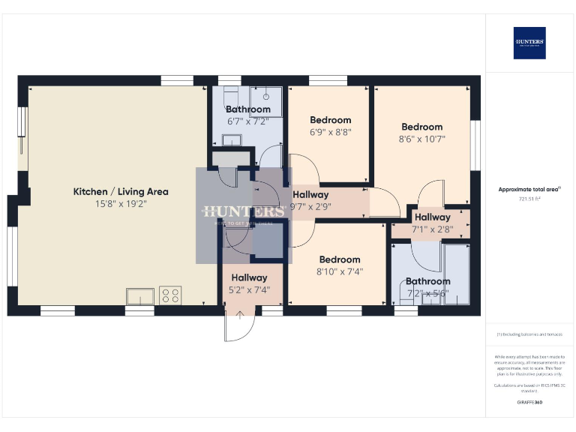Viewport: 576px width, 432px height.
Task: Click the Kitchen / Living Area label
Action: (120, 191)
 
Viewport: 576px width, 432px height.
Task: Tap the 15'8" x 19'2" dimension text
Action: (120, 203)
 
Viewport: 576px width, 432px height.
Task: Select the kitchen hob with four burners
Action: (170, 295)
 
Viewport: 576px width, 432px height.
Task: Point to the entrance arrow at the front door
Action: (240, 315)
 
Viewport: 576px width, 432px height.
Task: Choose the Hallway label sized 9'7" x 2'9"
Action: (310, 195)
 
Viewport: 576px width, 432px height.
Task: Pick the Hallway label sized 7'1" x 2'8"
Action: (432, 217)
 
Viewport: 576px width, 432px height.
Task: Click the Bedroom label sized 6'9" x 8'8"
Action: (330, 120)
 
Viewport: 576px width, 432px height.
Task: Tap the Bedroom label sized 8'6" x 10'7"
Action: (421, 127)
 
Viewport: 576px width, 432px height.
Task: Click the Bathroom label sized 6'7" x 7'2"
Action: (247, 109)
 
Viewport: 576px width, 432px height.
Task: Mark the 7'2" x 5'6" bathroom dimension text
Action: (427, 293)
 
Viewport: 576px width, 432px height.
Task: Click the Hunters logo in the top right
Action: (529, 43)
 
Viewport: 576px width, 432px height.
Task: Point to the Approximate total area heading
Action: (529, 190)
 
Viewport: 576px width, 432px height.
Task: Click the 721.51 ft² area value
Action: (529, 199)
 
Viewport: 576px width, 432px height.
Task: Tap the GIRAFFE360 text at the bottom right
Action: (529, 403)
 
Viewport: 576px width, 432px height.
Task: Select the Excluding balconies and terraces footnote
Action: (529, 334)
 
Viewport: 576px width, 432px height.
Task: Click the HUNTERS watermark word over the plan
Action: (243, 212)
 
